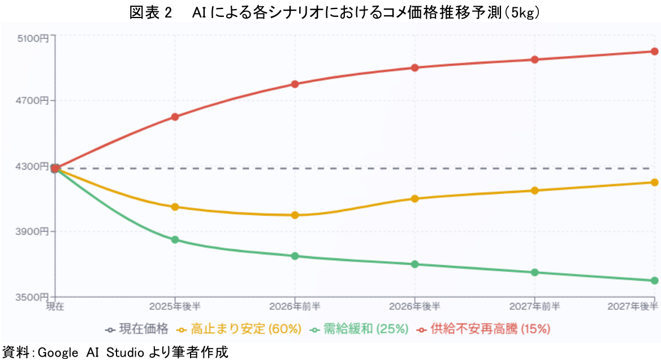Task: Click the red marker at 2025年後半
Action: click(x=175, y=117)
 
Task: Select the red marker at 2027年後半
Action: click(x=654, y=51)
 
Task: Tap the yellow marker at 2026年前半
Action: click(x=295, y=215)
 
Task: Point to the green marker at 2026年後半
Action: click(x=414, y=264)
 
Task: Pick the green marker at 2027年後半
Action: click(x=654, y=280)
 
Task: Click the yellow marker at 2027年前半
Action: click(x=534, y=190)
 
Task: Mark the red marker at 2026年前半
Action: click(x=295, y=84)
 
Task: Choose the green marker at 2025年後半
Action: click(x=175, y=240)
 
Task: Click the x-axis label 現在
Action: click(x=55, y=306)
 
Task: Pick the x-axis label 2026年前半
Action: click(x=295, y=306)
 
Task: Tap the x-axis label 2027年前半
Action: click(x=534, y=306)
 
